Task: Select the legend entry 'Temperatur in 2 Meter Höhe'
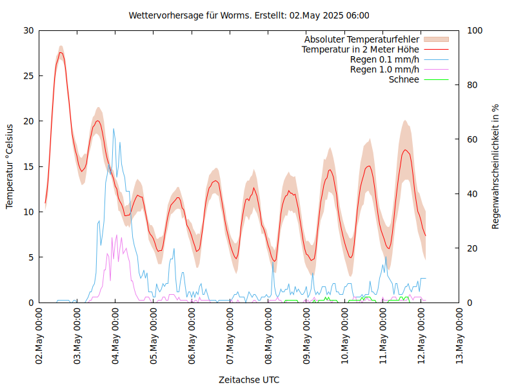pyautogui.click(x=361, y=49)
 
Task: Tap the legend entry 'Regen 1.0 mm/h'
pyautogui.click(x=384, y=70)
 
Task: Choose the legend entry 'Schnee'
pyautogui.click(x=404, y=79)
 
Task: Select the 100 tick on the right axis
pyautogui.click(x=474, y=30)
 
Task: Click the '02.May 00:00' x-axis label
pyautogui.click(x=39, y=336)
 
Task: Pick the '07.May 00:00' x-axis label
pyautogui.click(x=230, y=336)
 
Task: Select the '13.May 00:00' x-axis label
pyautogui.click(x=460, y=336)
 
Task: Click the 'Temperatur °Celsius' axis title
pyautogui.click(x=10, y=166)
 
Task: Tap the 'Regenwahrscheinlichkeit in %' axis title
pyautogui.click(x=495, y=166)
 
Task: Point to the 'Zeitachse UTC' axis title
pyautogui.click(x=249, y=379)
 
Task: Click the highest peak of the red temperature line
pyautogui.click(x=61, y=53)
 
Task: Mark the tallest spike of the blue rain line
pyautogui.click(x=114, y=129)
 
